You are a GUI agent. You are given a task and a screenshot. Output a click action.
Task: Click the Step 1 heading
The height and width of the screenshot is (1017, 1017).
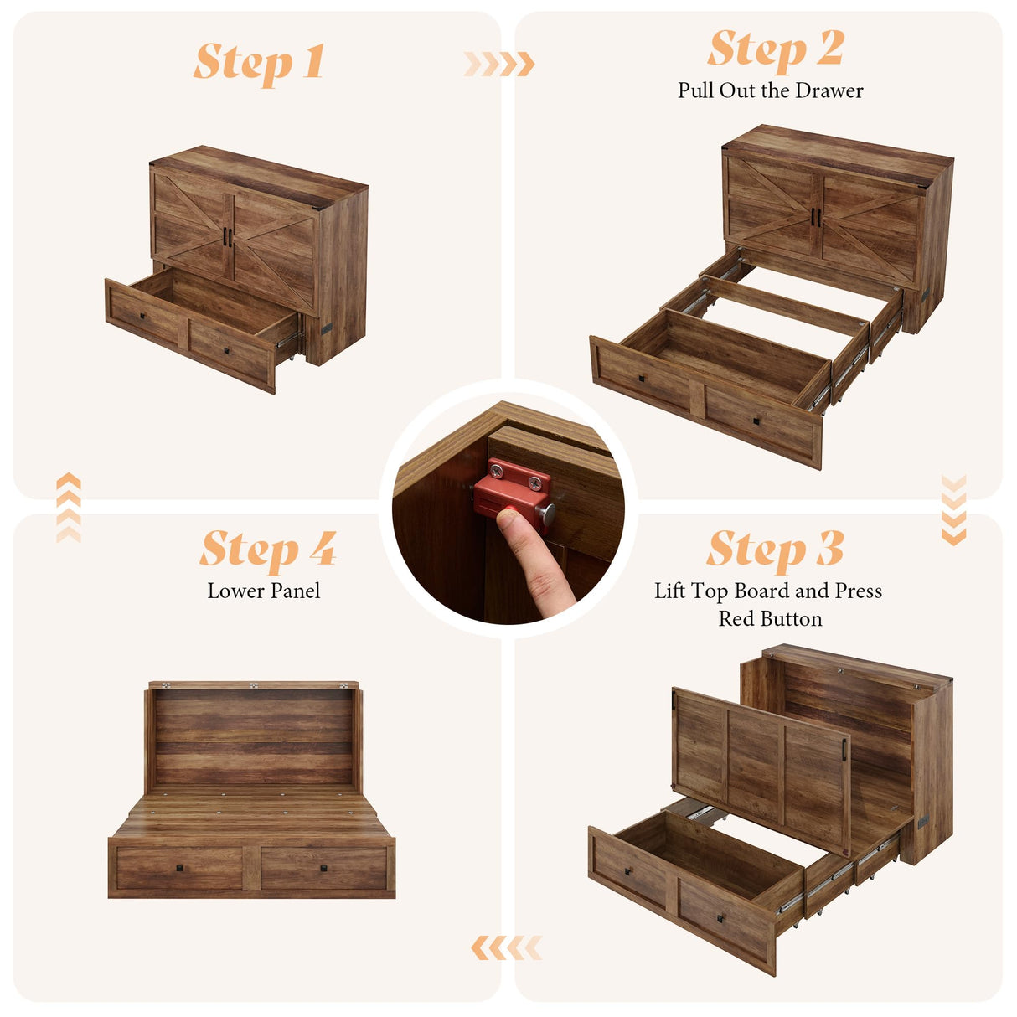(259, 63)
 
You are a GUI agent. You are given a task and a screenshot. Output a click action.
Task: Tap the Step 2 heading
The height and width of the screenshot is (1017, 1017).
(775, 49)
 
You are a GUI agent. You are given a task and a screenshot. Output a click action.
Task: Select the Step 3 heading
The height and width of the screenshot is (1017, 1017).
(775, 550)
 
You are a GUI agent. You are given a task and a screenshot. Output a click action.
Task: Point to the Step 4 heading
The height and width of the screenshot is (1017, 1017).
(267, 550)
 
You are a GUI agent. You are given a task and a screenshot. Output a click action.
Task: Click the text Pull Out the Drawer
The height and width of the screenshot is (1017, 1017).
(770, 90)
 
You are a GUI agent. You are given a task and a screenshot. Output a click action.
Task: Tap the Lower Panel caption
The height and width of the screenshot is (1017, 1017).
(264, 591)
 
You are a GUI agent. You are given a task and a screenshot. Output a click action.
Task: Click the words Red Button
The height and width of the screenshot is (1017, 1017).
(770, 619)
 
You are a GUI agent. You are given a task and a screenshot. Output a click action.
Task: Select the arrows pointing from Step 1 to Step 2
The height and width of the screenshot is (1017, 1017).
(499, 64)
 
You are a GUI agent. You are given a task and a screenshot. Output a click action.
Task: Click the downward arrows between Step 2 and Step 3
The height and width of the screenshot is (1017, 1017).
(953, 509)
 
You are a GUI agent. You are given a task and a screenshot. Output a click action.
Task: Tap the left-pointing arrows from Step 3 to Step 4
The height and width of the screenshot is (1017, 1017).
(506, 948)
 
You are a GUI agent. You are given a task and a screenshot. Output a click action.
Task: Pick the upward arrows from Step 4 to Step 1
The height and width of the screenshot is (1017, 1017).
(69, 508)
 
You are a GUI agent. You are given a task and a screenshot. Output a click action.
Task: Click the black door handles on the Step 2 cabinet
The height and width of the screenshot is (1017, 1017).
(815, 217)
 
